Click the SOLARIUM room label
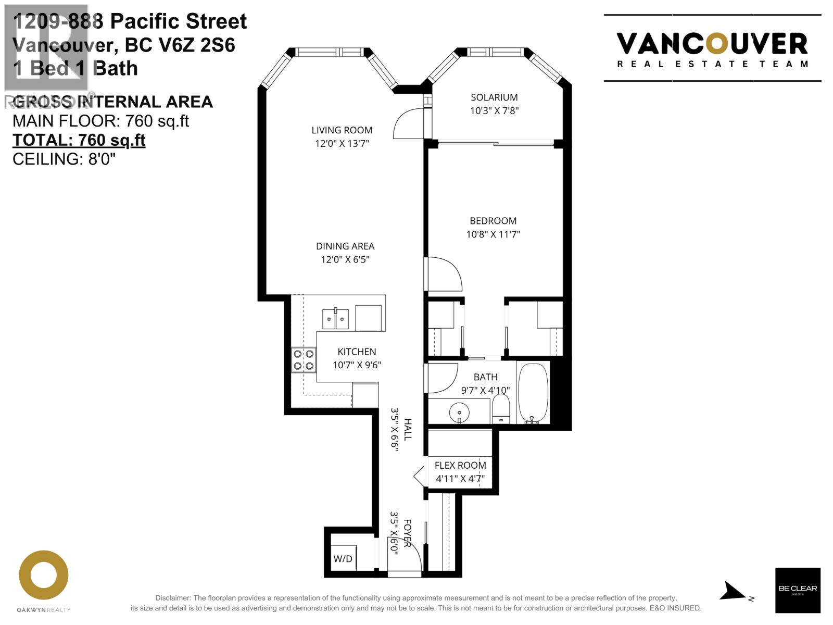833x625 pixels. [x=494, y=97]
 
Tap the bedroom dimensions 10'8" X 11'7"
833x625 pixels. [x=493, y=234]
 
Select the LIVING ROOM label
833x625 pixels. [x=342, y=130]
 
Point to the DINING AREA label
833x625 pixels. [x=345, y=246]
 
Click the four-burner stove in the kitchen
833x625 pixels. [x=304, y=359]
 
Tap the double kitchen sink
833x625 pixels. [x=335, y=319]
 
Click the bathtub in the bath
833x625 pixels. [x=533, y=393]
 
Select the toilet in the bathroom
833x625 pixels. [x=501, y=409]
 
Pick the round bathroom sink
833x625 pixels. [x=459, y=413]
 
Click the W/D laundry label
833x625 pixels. [x=343, y=559]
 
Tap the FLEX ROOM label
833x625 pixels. [x=460, y=465]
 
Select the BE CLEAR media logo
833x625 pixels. [x=798, y=590]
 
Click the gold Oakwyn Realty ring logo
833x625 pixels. [x=44, y=575]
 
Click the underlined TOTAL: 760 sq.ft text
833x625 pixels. [x=79, y=140]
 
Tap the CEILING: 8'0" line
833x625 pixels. [x=64, y=159]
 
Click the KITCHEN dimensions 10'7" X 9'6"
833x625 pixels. [x=357, y=365]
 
